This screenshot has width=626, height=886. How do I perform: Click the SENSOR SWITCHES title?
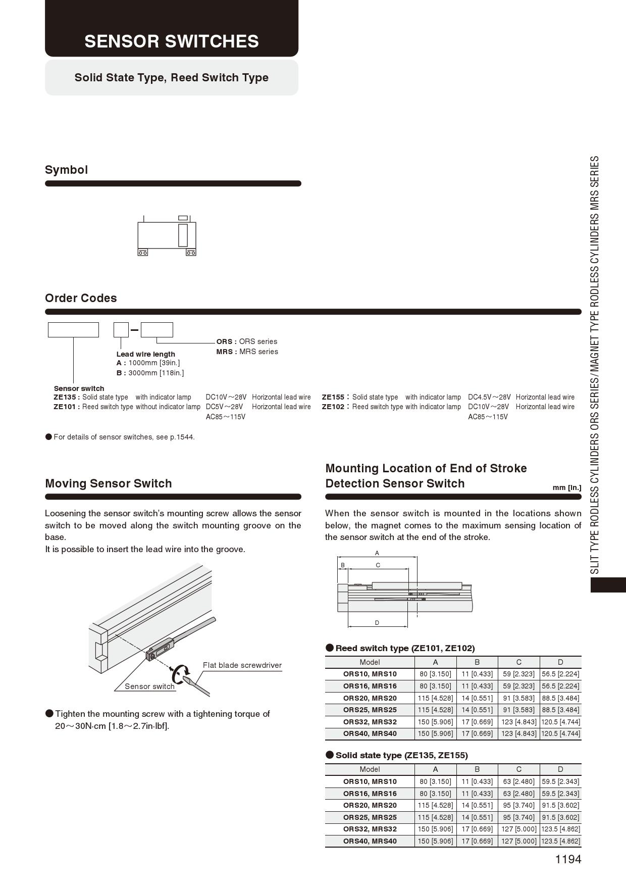point(172,41)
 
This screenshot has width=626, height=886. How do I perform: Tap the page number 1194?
point(568,859)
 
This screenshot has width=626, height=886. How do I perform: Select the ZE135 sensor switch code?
point(65,397)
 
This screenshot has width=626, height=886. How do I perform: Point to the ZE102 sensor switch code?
point(334,407)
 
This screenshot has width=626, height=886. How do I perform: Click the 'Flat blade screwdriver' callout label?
point(242,665)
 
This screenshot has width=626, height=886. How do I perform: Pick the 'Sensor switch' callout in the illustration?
point(149,686)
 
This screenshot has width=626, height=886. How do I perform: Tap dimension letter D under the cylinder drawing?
point(377,623)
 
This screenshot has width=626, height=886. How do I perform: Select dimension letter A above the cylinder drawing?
point(377,553)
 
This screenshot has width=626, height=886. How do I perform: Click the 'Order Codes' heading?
point(81,298)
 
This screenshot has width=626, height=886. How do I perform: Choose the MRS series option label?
point(247,352)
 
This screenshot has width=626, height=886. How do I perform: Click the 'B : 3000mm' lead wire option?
point(150,373)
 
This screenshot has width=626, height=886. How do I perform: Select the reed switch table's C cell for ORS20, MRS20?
point(518,698)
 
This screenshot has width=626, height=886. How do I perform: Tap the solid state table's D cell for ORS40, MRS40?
point(560,841)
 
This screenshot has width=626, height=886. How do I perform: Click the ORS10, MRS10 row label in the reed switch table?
point(370,674)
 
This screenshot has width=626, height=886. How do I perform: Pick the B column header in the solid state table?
point(477,769)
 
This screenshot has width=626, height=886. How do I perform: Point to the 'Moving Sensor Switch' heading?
point(109,483)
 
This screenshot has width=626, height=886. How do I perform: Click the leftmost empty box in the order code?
point(73,330)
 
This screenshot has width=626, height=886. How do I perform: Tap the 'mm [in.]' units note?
point(567,487)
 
